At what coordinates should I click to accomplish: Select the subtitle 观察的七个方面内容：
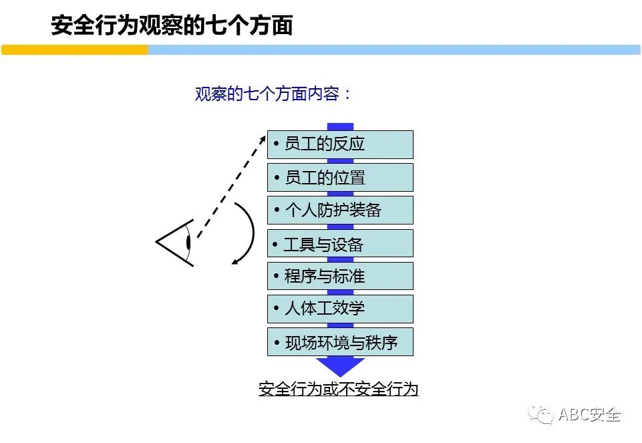[x=273, y=94]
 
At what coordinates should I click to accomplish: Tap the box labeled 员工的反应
[x=340, y=144]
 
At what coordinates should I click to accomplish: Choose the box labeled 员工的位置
[x=340, y=178]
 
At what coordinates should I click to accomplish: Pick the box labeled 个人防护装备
[x=340, y=210]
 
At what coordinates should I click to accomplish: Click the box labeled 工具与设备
[x=340, y=244]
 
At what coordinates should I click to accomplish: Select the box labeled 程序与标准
[x=340, y=276]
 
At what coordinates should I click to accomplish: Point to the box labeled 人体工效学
[x=340, y=309]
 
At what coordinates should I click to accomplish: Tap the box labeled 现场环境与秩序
[x=340, y=342]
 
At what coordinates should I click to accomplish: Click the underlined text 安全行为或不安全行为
[x=338, y=389]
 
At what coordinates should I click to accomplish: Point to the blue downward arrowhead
[x=340, y=366]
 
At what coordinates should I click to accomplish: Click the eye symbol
[x=176, y=242]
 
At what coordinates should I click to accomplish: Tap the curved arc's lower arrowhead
[x=235, y=261]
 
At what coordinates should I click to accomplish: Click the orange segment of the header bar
[x=75, y=50]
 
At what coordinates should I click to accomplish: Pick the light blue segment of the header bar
[x=394, y=50]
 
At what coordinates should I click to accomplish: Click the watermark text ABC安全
[x=590, y=415]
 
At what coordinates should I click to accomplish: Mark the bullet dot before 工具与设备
[x=275, y=245]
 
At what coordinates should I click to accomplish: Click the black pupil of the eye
[x=189, y=242]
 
